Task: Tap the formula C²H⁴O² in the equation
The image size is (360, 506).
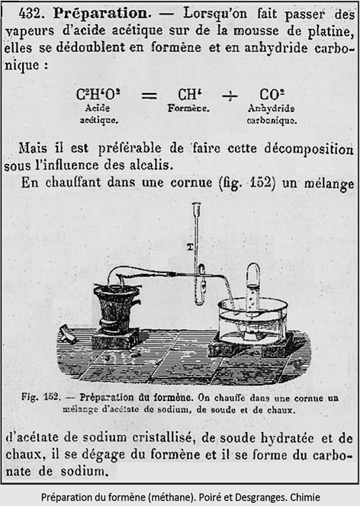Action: coord(98,95)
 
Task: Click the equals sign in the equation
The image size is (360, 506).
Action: coord(149,96)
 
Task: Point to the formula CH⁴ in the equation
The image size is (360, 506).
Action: coord(188,95)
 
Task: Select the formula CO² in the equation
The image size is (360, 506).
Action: coord(272,95)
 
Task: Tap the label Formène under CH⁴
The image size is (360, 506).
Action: coord(188,109)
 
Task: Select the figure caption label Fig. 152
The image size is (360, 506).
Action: coord(43,397)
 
